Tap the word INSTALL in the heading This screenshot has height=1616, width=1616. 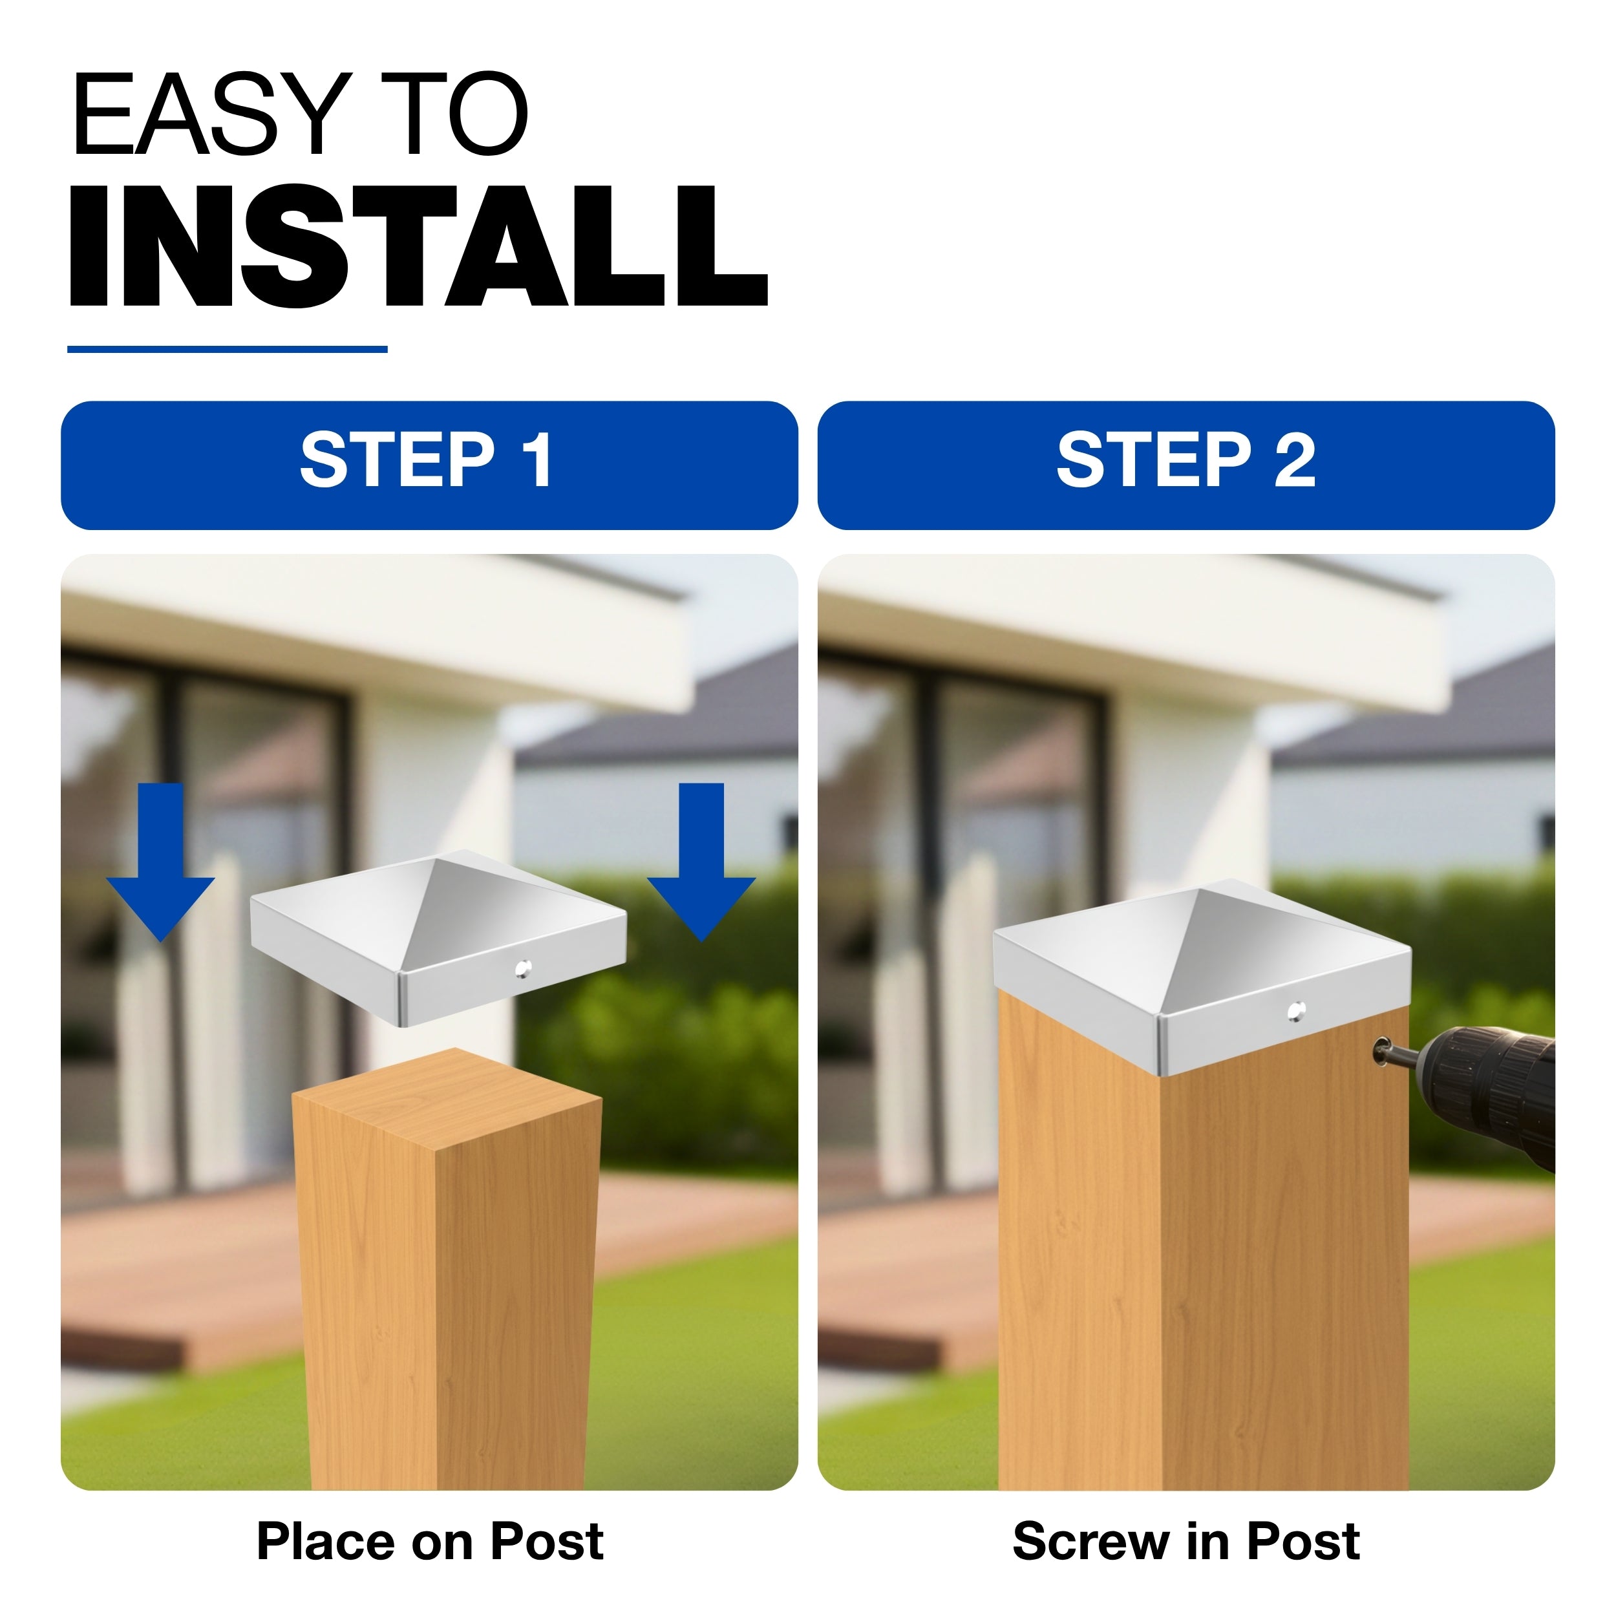[x=418, y=246]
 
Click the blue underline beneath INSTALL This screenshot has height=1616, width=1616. [x=228, y=349]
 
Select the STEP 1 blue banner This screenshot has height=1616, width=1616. [x=429, y=465]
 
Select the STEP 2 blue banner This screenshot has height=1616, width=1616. [x=1186, y=465]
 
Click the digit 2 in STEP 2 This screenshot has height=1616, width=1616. [x=1295, y=460]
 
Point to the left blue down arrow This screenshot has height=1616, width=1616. [x=160, y=862]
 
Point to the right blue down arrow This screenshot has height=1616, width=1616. [x=701, y=862]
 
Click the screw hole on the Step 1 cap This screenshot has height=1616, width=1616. [x=524, y=968]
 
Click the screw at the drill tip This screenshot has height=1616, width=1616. [x=1385, y=1049]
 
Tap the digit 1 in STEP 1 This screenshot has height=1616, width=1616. [x=537, y=460]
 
